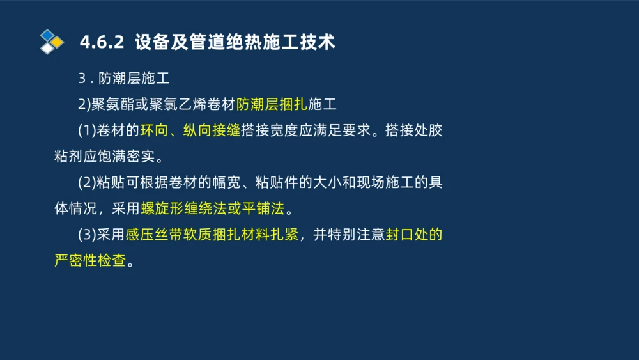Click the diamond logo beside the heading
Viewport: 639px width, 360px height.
(x=52, y=42)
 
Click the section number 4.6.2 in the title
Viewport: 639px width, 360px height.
(x=101, y=43)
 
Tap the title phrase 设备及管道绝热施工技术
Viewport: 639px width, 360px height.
(x=235, y=43)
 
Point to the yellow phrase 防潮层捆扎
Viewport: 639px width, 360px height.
(x=272, y=105)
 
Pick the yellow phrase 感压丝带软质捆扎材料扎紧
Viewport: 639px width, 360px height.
(x=212, y=235)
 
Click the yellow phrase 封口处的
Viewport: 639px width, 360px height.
(x=414, y=235)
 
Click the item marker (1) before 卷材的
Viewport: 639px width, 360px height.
(x=87, y=131)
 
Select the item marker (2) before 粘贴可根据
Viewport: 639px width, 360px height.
(x=87, y=183)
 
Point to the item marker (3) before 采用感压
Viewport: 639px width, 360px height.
(x=87, y=235)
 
